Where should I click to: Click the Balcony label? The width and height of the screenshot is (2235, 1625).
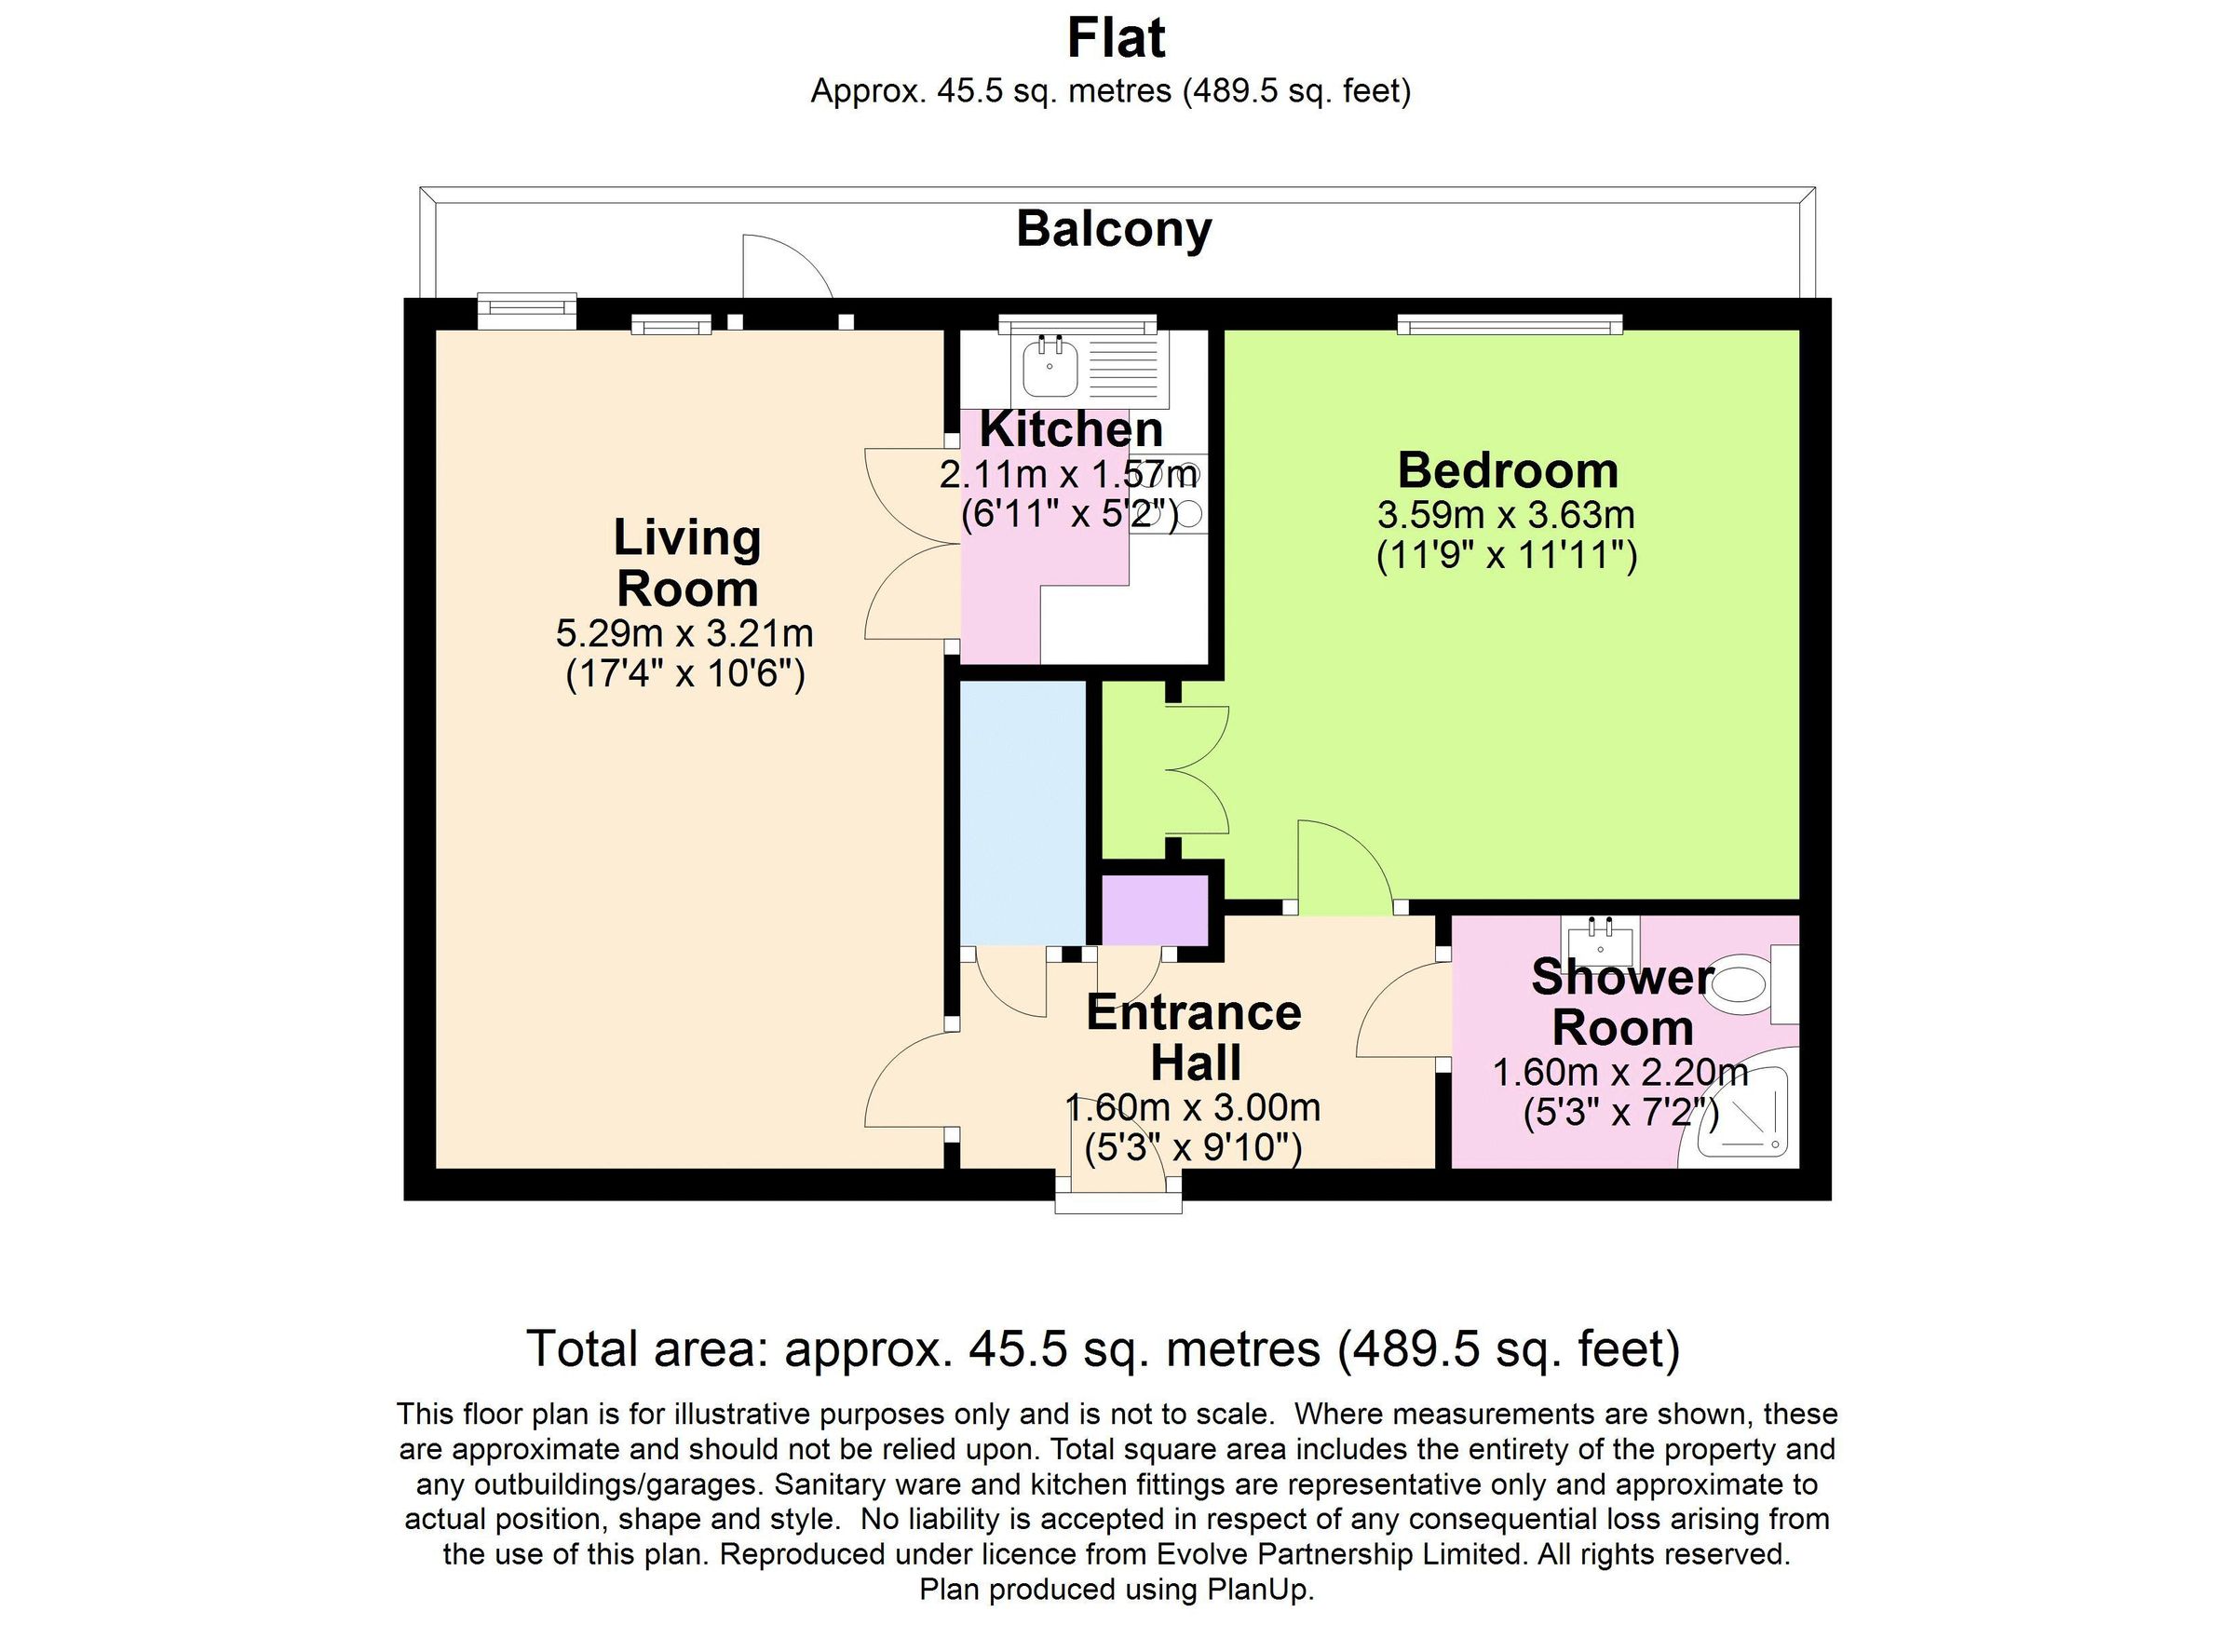(1114, 230)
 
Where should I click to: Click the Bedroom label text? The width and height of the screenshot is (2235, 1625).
(1508, 470)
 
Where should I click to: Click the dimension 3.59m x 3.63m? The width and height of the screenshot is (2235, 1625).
(1506, 514)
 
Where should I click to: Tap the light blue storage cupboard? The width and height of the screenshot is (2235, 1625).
(1023, 811)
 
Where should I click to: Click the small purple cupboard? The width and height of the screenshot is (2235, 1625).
(1154, 909)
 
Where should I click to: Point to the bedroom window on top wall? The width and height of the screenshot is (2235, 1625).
(1509, 324)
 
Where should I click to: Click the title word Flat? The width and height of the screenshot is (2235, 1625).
(1116, 39)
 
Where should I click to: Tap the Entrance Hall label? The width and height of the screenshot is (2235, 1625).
(1195, 1037)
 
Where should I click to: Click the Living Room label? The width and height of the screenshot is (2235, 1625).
(687, 562)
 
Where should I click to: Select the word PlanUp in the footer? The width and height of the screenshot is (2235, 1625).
(1266, 1590)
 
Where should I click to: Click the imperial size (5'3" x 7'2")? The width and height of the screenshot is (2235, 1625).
(1621, 1114)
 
